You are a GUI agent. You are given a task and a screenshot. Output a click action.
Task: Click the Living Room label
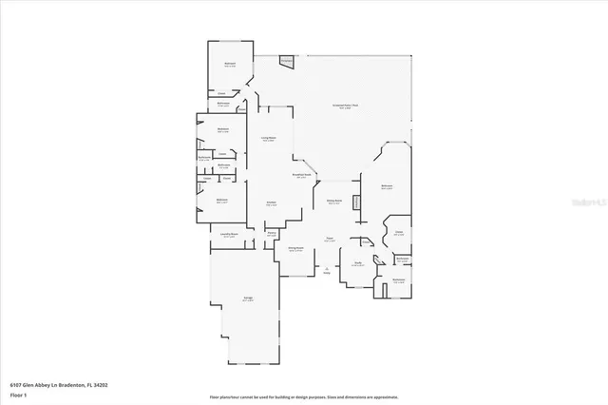pos(269,139)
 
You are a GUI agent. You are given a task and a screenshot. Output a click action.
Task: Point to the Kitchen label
pos(272,204)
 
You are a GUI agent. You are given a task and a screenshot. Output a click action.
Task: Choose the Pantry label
pos(271,233)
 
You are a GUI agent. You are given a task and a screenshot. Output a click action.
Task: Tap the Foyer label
pos(329,240)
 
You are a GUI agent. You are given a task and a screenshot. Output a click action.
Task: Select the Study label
pos(358,264)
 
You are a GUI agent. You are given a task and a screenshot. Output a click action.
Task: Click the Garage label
pos(248,300)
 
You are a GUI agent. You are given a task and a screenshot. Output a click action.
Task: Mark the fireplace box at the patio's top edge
pos(287,61)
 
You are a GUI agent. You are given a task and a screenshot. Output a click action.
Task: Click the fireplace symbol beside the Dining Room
pos(356,202)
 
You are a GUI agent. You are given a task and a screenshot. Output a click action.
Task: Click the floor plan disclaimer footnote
pos(304,396)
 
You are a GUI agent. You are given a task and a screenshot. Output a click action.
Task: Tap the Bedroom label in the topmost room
pos(230,65)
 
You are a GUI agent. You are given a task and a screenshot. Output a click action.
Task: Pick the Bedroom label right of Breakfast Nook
pos(388,186)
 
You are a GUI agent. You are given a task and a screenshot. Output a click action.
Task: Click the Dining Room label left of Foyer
pos(296,249)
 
